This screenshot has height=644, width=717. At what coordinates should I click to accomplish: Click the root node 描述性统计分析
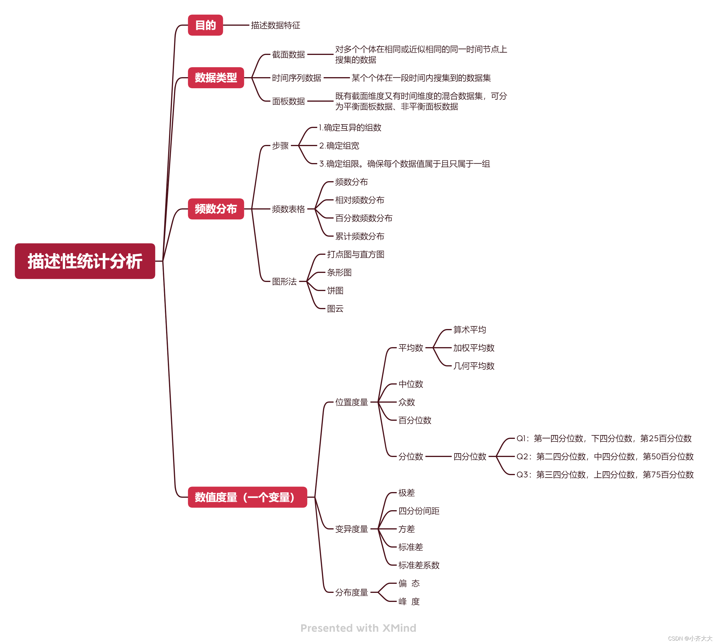pyautogui.click(x=85, y=261)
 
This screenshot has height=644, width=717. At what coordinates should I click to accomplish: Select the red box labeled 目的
pyautogui.click(x=205, y=25)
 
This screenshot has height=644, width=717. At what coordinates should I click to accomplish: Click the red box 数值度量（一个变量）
pyautogui.click(x=247, y=497)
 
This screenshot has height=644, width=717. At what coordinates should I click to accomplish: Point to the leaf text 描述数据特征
pyautogui.click(x=275, y=25)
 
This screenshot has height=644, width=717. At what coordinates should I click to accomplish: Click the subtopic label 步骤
pyautogui.click(x=280, y=146)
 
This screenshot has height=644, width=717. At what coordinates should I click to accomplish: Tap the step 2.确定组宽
pyautogui.click(x=339, y=146)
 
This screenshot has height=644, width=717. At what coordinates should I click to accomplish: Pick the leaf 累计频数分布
pyautogui.click(x=359, y=236)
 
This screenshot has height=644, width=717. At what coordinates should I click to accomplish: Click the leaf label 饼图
pyautogui.click(x=335, y=290)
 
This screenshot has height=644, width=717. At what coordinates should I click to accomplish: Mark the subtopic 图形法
pyautogui.click(x=284, y=282)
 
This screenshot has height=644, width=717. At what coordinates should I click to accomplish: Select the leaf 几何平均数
pyautogui.click(x=474, y=366)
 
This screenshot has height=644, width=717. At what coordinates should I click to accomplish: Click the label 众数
pyautogui.click(x=406, y=402)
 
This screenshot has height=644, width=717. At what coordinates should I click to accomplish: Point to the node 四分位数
pyautogui.click(x=470, y=456)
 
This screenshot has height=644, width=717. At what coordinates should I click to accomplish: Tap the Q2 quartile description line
pyautogui.click(x=605, y=456)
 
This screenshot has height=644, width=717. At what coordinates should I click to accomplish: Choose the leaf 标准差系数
pyautogui.click(x=419, y=565)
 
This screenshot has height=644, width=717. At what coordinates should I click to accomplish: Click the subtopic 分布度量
pyautogui.click(x=351, y=592)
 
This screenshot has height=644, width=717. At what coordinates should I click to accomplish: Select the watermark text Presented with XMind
pyautogui.click(x=358, y=628)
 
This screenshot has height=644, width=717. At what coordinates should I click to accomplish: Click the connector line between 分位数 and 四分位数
pyautogui.click(x=438, y=456)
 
